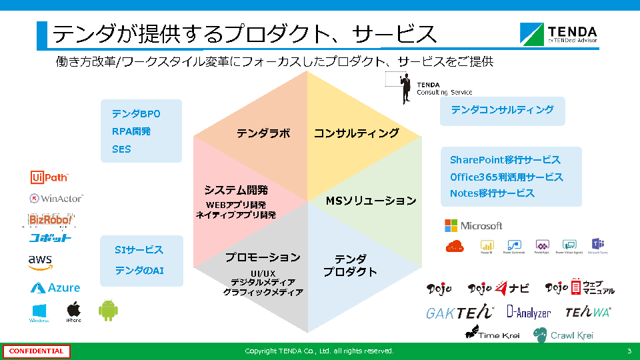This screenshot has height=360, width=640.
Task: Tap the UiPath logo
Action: pyautogui.click(x=49, y=177)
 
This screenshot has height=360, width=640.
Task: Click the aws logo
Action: pyautogui.click(x=40, y=262)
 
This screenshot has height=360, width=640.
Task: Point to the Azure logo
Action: pyautogui.click(x=55, y=288)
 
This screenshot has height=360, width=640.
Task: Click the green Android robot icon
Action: pyautogui.click(x=108, y=310)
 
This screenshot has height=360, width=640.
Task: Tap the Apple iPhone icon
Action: pyautogui.click(x=73, y=311)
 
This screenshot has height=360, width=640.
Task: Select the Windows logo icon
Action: pyautogui.click(x=39, y=311)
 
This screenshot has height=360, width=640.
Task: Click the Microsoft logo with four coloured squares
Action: pyautogui.click(x=473, y=225)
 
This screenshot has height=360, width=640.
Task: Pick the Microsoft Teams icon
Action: pyautogui.click(x=598, y=245)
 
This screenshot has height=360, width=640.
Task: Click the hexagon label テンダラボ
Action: pyautogui.click(x=263, y=133)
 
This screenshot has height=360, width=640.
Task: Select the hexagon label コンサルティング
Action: pyautogui.click(x=357, y=133)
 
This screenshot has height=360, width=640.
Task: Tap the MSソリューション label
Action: pyautogui.click(x=371, y=201)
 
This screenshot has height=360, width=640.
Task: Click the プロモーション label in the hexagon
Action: pyautogui.click(x=263, y=257)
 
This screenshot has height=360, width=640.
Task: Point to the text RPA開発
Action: pyautogui.click(x=131, y=131)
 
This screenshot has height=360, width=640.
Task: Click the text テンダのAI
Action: pyautogui.click(x=139, y=271)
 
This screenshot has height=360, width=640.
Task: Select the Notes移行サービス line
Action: pyautogui.click(x=492, y=193)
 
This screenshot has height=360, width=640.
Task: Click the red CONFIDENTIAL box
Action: pyautogui.click(x=37, y=351)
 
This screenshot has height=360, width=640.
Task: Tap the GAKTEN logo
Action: pyautogui.click(x=460, y=312)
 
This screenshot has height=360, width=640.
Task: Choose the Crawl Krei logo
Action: pyautogui.click(x=563, y=335)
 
